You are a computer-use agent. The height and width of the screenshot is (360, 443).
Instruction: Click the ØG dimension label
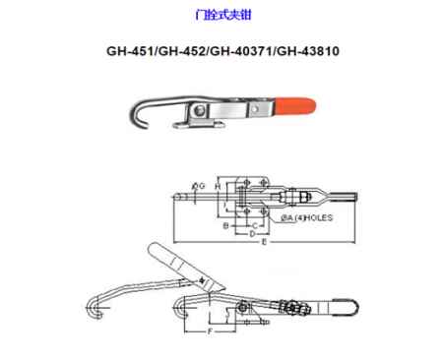tap(198, 185)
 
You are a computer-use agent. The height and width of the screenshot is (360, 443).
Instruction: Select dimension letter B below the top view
tap(224, 225)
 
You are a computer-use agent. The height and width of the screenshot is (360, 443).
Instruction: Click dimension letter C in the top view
tap(253, 225)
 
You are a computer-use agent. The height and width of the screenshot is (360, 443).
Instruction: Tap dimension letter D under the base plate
tap(252, 234)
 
